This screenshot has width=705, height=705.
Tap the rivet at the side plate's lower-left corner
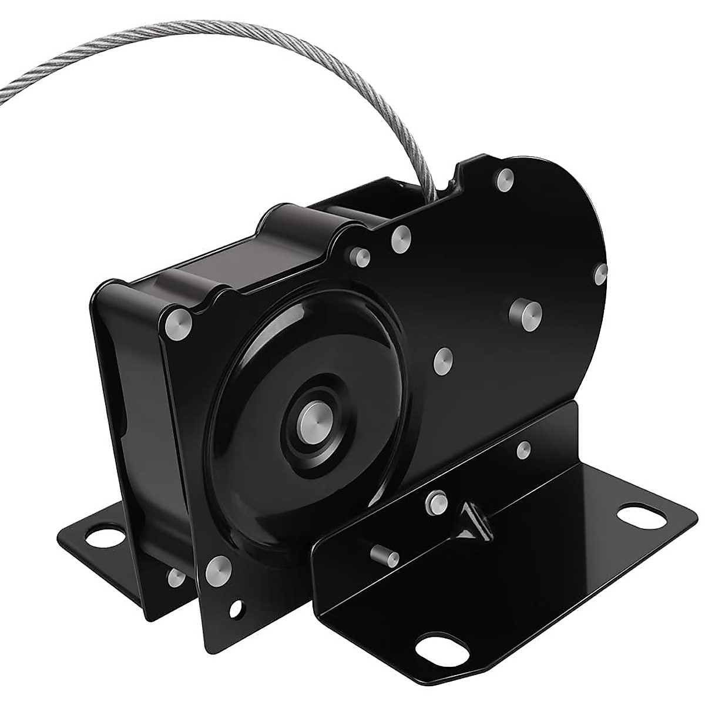tap(219, 568)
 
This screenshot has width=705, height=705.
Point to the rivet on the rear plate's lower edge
tap(174, 579)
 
